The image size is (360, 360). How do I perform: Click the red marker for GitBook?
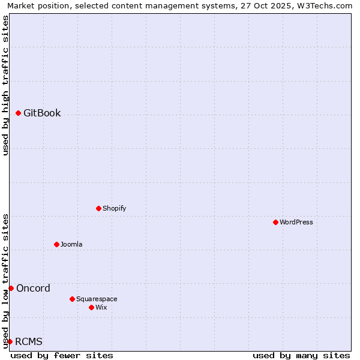18,113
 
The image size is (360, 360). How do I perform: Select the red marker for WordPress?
275,222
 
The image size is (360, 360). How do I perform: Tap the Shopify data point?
98,208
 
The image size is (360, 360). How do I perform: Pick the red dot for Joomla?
56,244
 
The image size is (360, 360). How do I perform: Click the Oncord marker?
11,288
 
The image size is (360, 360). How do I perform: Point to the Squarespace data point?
72,299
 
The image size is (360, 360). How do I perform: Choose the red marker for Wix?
91,307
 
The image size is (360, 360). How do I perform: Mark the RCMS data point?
10,341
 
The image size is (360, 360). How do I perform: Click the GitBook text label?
42,113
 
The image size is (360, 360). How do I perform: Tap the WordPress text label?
296,222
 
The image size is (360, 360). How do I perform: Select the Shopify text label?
114,208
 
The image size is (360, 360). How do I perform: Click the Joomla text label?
71,244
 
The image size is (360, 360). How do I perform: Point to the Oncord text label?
33,288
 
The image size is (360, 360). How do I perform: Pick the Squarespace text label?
97,299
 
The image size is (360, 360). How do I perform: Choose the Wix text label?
101,307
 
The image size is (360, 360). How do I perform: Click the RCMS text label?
29,341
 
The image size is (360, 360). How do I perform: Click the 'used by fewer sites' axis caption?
62,355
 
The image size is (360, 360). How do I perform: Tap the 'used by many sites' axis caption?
301,355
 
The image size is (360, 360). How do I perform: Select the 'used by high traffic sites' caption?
5,85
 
